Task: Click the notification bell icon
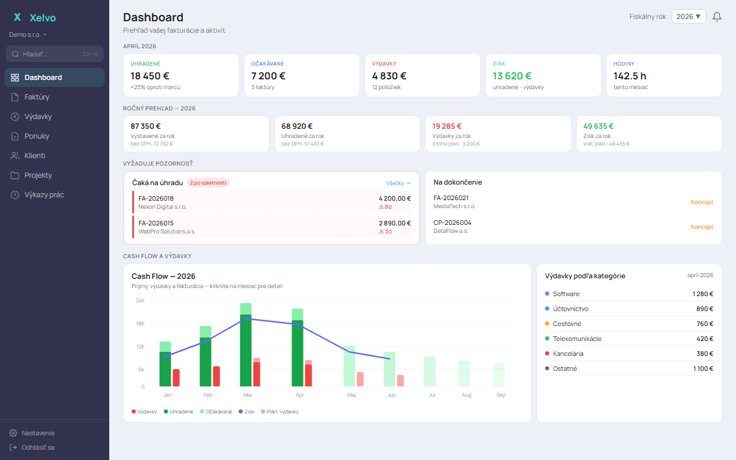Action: [x=717, y=17]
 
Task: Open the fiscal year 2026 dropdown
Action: [x=688, y=17]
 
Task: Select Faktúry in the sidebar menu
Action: [x=37, y=97]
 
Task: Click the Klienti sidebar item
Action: [x=34, y=156]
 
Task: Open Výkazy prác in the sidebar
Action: [x=44, y=195]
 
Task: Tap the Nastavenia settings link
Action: [x=37, y=433]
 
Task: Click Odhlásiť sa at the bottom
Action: [x=37, y=447]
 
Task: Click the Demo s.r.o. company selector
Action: [x=28, y=34]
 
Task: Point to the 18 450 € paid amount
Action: [x=150, y=75]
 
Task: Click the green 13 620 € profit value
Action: [x=512, y=75]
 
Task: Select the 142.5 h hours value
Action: [x=630, y=75]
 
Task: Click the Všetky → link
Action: [x=398, y=183]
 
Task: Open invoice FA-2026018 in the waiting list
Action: [x=156, y=198]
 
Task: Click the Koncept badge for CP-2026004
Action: [x=701, y=227]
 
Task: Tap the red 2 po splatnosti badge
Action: [x=208, y=183]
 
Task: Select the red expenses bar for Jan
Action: [x=176, y=378]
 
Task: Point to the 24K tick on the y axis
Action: [x=140, y=301]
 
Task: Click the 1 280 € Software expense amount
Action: [x=703, y=294]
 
